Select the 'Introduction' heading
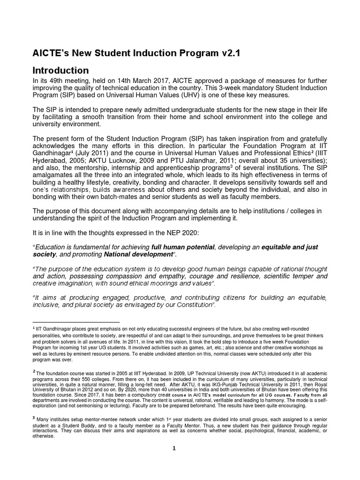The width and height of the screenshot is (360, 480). tap(60, 70)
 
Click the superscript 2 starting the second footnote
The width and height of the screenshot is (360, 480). tap(34, 371)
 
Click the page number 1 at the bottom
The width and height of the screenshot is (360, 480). tap(174, 448)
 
